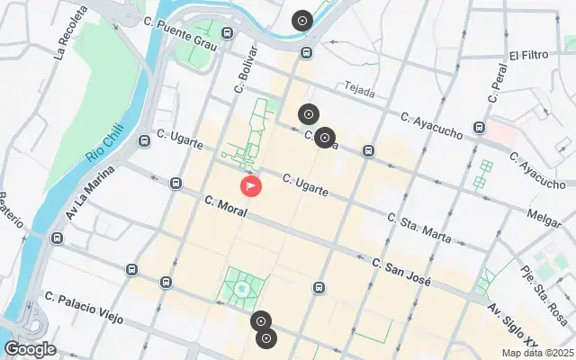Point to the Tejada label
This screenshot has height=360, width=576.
[x=361, y=88]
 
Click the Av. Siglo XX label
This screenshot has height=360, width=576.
[x=517, y=320]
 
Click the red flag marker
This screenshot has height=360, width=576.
[x=251, y=186]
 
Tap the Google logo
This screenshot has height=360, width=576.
[x=30, y=348]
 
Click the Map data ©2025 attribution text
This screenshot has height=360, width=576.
[x=536, y=353]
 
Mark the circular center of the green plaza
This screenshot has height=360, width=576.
[x=241, y=288]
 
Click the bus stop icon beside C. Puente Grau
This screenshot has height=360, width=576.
[x=227, y=33]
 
